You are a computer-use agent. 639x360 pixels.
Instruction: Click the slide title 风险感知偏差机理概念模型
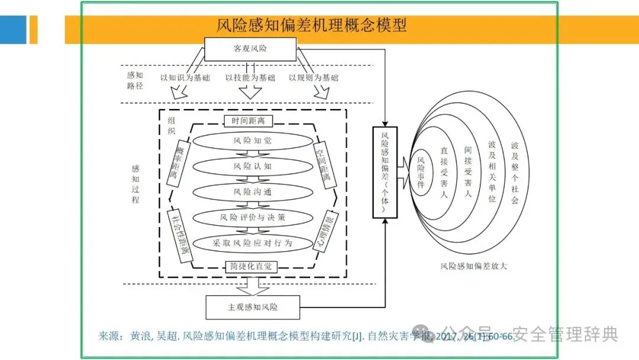pos(311,25)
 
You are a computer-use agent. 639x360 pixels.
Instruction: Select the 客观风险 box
pos(250,49)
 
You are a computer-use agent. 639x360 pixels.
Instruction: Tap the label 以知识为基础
pos(184,78)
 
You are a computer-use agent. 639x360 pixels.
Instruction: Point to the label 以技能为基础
pos(250,78)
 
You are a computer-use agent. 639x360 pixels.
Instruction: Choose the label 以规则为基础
pos(314,78)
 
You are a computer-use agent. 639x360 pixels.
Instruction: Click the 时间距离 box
pos(248,121)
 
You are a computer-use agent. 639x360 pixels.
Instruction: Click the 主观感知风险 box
pos(253,307)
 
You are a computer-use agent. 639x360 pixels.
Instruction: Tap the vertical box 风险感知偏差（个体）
pos(385,172)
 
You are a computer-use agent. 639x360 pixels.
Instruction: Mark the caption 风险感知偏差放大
pos(473,266)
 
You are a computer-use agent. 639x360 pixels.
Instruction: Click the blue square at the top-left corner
pos(13,29)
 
